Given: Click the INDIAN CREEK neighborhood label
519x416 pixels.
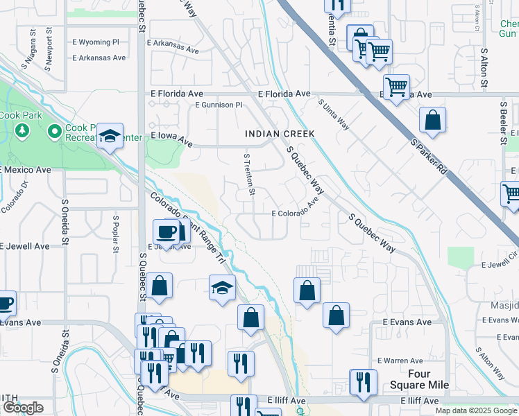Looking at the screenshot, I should pyautogui.click(x=280, y=133).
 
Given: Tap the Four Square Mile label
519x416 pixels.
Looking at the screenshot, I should pyautogui.click(x=428, y=379).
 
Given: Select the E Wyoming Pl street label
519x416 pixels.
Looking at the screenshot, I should pyautogui.click(x=101, y=42).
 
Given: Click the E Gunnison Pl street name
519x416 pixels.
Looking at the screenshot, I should pyautogui.click(x=219, y=105).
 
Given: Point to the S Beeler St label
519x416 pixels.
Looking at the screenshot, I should pyautogui.click(x=503, y=122).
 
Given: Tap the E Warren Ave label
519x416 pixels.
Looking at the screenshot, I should pyautogui.click(x=400, y=361).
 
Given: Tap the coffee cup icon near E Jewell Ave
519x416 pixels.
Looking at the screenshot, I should pyautogui.click(x=167, y=231).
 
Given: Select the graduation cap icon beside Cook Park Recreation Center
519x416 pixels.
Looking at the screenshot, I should pyautogui.click(x=110, y=136).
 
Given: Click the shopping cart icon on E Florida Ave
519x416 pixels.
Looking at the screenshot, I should pyautogui.click(x=395, y=87).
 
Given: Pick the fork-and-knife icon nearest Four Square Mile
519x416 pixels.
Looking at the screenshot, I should pyautogui.click(x=363, y=381).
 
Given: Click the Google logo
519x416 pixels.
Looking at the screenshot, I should pyautogui.click(x=22, y=408).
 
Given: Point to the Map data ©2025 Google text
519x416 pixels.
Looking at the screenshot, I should pyautogui.click(x=476, y=410).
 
